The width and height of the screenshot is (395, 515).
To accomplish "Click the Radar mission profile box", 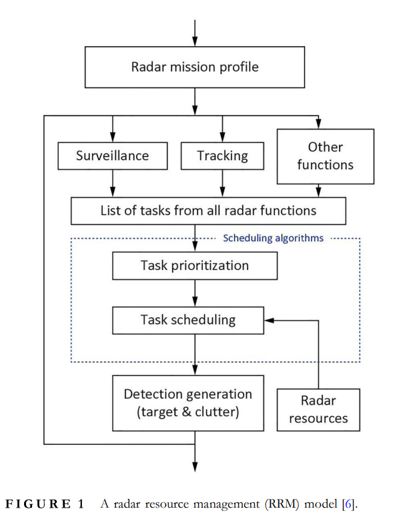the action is [195, 67].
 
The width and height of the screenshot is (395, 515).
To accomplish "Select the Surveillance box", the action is [113, 156].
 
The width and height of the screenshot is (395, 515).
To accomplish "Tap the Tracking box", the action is [222, 156].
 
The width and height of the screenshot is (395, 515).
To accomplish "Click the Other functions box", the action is [326, 156].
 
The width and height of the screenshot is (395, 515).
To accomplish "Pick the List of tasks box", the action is [208, 211].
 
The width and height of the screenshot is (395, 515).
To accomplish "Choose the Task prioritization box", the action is [195, 266].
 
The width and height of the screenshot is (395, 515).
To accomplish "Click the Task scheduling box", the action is [188, 320].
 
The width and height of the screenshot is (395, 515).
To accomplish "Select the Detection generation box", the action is [188, 403].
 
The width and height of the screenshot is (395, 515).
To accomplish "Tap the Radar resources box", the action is [318, 409].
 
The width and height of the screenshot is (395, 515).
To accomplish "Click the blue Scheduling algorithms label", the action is [274, 238].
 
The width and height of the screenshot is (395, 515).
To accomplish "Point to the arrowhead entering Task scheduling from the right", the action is [269, 320].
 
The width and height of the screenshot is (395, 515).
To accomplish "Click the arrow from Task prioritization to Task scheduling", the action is [195, 293].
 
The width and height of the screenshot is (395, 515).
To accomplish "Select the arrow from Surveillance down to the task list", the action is [113, 183].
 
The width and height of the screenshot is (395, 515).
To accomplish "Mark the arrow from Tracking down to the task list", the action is [222, 183].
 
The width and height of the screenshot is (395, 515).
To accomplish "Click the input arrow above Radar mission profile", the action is [195, 33].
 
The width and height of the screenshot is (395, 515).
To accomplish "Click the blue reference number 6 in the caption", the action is [348, 504].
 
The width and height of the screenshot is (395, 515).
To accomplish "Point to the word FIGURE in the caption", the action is [38, 504].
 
